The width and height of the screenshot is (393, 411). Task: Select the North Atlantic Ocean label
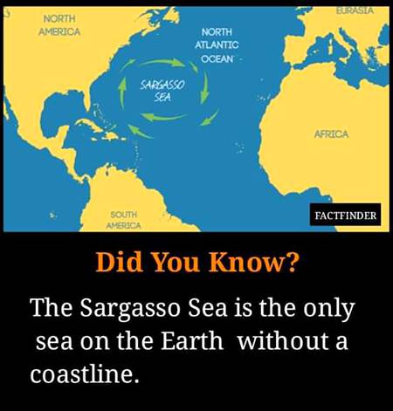pyautogui.click(x=216, y=45)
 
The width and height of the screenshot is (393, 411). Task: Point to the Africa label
pyautogui.click(x=331, y=134)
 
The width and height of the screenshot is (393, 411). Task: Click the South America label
pyautogui.click(x=123, y=219)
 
